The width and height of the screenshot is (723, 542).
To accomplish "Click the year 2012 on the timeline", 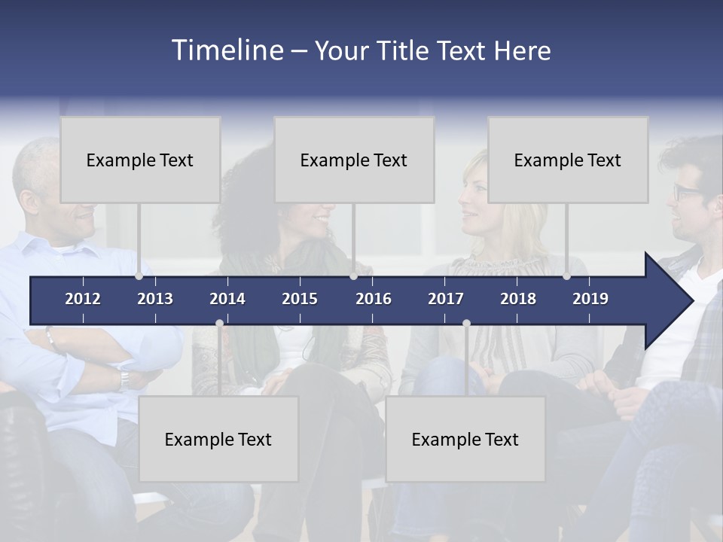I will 83,299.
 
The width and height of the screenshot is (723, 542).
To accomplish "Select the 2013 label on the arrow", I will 155,299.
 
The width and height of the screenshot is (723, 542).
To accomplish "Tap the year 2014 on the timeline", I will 227,299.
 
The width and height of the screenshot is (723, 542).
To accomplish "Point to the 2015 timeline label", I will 300,299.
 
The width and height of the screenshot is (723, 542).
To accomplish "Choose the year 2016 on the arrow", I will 374,299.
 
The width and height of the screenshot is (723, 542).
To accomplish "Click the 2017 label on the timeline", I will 446,299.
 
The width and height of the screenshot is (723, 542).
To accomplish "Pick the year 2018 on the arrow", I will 518,299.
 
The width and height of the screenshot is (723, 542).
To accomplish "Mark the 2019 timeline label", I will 590,299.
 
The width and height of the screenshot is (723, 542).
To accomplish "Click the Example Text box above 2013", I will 140,160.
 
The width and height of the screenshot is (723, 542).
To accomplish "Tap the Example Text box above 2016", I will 354,160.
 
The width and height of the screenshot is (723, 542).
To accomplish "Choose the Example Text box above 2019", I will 568,160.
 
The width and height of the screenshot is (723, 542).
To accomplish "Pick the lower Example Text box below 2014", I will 218,439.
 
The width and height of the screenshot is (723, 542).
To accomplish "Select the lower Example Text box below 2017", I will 465,439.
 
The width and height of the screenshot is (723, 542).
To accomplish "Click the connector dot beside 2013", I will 139,276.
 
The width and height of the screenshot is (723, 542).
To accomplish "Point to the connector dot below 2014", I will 219,323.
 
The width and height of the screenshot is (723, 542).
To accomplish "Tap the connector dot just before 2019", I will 566,276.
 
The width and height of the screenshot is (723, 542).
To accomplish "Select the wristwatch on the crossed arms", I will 123,379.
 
